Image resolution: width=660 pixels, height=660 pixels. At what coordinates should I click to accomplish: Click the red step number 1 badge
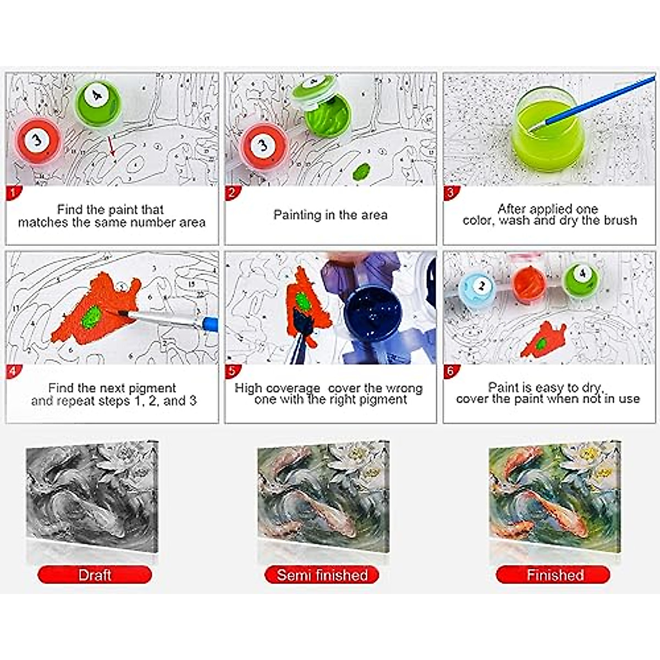point(12,193)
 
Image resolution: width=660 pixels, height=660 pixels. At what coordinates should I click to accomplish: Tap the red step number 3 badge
point(450,193)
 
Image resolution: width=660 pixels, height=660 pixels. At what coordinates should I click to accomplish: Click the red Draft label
point(95,575)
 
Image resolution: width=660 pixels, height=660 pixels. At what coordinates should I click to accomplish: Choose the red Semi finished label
point(322,575)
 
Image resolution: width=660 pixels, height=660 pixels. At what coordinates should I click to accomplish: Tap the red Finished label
point(554,575)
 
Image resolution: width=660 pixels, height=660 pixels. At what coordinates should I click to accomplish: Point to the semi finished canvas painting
point(323,496)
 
